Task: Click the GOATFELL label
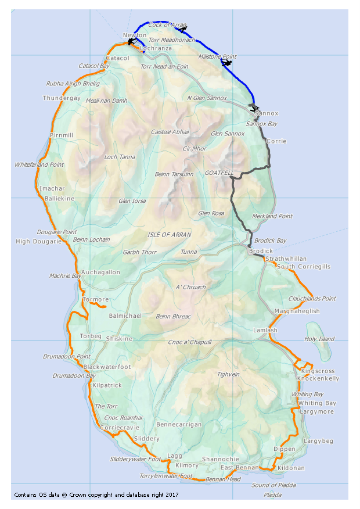[x=219, y=173]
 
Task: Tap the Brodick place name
[x=260, y=251]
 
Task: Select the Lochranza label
[x=156, y=48]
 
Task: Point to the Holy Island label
[x=319, y=339]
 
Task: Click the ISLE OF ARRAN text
[x=170, y=234]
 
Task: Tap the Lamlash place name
[x=265, y=330]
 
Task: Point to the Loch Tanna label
[x=119, y=157]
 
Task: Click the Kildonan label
[x=291, y=468]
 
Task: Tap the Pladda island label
[x=272, y=495]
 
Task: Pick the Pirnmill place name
[x=62, y=135]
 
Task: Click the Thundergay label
[x=62, y=98]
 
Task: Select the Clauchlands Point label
[x=312, y=299]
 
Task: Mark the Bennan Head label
[x=223, y=479]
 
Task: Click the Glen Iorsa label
[x=132, y=201]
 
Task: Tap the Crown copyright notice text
[x=96, y=495]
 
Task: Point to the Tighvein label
[x=228, y=374]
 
